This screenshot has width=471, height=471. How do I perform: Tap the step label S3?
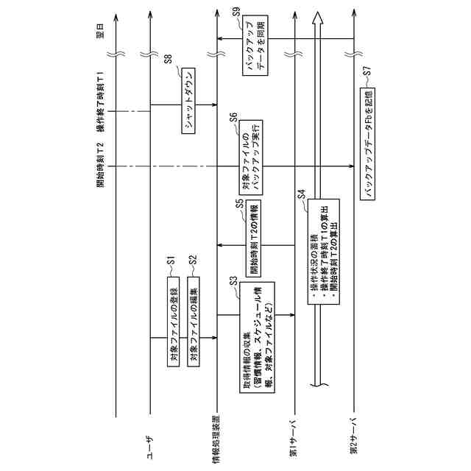click(233, 280)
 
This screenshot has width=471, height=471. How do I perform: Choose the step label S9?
click(235, 12)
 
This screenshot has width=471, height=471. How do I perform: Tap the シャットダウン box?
click(188, 102)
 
